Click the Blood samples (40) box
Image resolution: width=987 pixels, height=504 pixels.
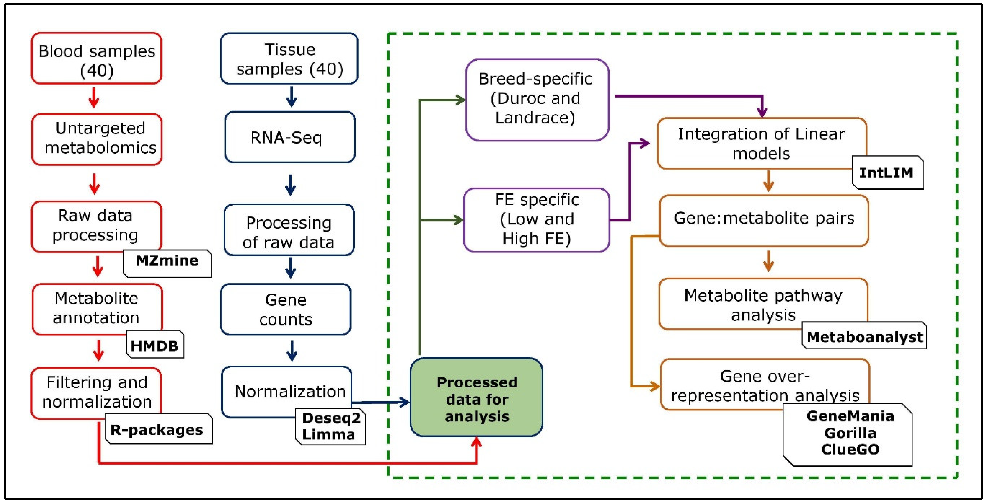(x=97, y=58)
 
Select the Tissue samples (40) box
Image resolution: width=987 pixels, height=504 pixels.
(x=289, y=58)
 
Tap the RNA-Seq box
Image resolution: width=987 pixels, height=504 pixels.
(x=290, y=137)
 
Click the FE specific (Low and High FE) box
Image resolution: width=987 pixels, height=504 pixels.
(x=536, y=220)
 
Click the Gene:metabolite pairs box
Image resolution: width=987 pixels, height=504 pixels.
(x=764, y=220)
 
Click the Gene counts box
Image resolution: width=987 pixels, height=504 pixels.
(x=286, y=309)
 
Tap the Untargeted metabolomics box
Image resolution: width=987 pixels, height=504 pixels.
(x=97, y=139)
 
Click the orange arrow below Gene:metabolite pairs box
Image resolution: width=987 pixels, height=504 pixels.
(x=768, y=261)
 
